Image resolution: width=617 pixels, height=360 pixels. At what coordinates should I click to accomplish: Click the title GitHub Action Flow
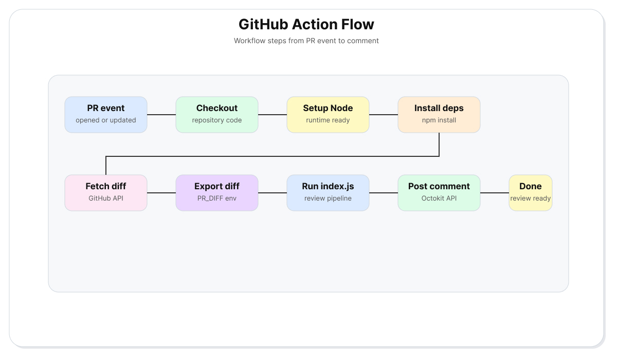(x=306, y=24)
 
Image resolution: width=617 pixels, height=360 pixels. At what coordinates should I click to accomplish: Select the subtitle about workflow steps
(x=306, y=41)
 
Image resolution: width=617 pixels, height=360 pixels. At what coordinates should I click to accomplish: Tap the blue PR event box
(x=106, y=115)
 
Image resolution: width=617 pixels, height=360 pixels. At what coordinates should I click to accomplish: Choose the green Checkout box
(x=217, y=115)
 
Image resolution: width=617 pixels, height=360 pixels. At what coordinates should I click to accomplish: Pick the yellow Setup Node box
(x=328, y=115)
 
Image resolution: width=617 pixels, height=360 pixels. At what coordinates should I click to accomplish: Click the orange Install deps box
(x=439, y=115)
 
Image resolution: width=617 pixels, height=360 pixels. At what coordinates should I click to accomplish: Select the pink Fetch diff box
(x=106, y=193)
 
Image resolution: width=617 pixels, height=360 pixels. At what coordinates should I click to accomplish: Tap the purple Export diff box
(x=217, y=193)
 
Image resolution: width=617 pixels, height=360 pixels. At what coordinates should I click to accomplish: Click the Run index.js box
(x=328, y=193)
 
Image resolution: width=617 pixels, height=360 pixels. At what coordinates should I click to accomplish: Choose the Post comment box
(x=439, y=193)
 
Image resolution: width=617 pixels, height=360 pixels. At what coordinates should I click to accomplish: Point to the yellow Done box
(x=531, y=193)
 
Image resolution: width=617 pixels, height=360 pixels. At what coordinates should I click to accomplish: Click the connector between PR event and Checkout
(x=161, y=115)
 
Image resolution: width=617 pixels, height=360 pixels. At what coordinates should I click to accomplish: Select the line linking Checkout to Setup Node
(x=273, y=115)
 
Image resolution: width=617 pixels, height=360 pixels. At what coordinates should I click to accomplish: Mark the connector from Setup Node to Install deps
(x=384, y=115)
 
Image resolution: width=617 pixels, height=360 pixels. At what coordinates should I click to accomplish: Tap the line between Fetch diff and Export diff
(x=161, y=193)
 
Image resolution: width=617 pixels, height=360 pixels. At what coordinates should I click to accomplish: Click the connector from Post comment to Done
(x=495, y=193)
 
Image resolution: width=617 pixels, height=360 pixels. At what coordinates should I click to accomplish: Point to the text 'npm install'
(x=439, y=120)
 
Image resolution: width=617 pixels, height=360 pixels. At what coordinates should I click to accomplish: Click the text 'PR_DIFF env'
(x=217, y=199)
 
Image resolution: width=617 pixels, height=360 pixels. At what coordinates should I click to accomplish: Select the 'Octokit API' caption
(x=439, y=199)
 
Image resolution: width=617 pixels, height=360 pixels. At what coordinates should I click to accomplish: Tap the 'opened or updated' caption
(x=106, y=120)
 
